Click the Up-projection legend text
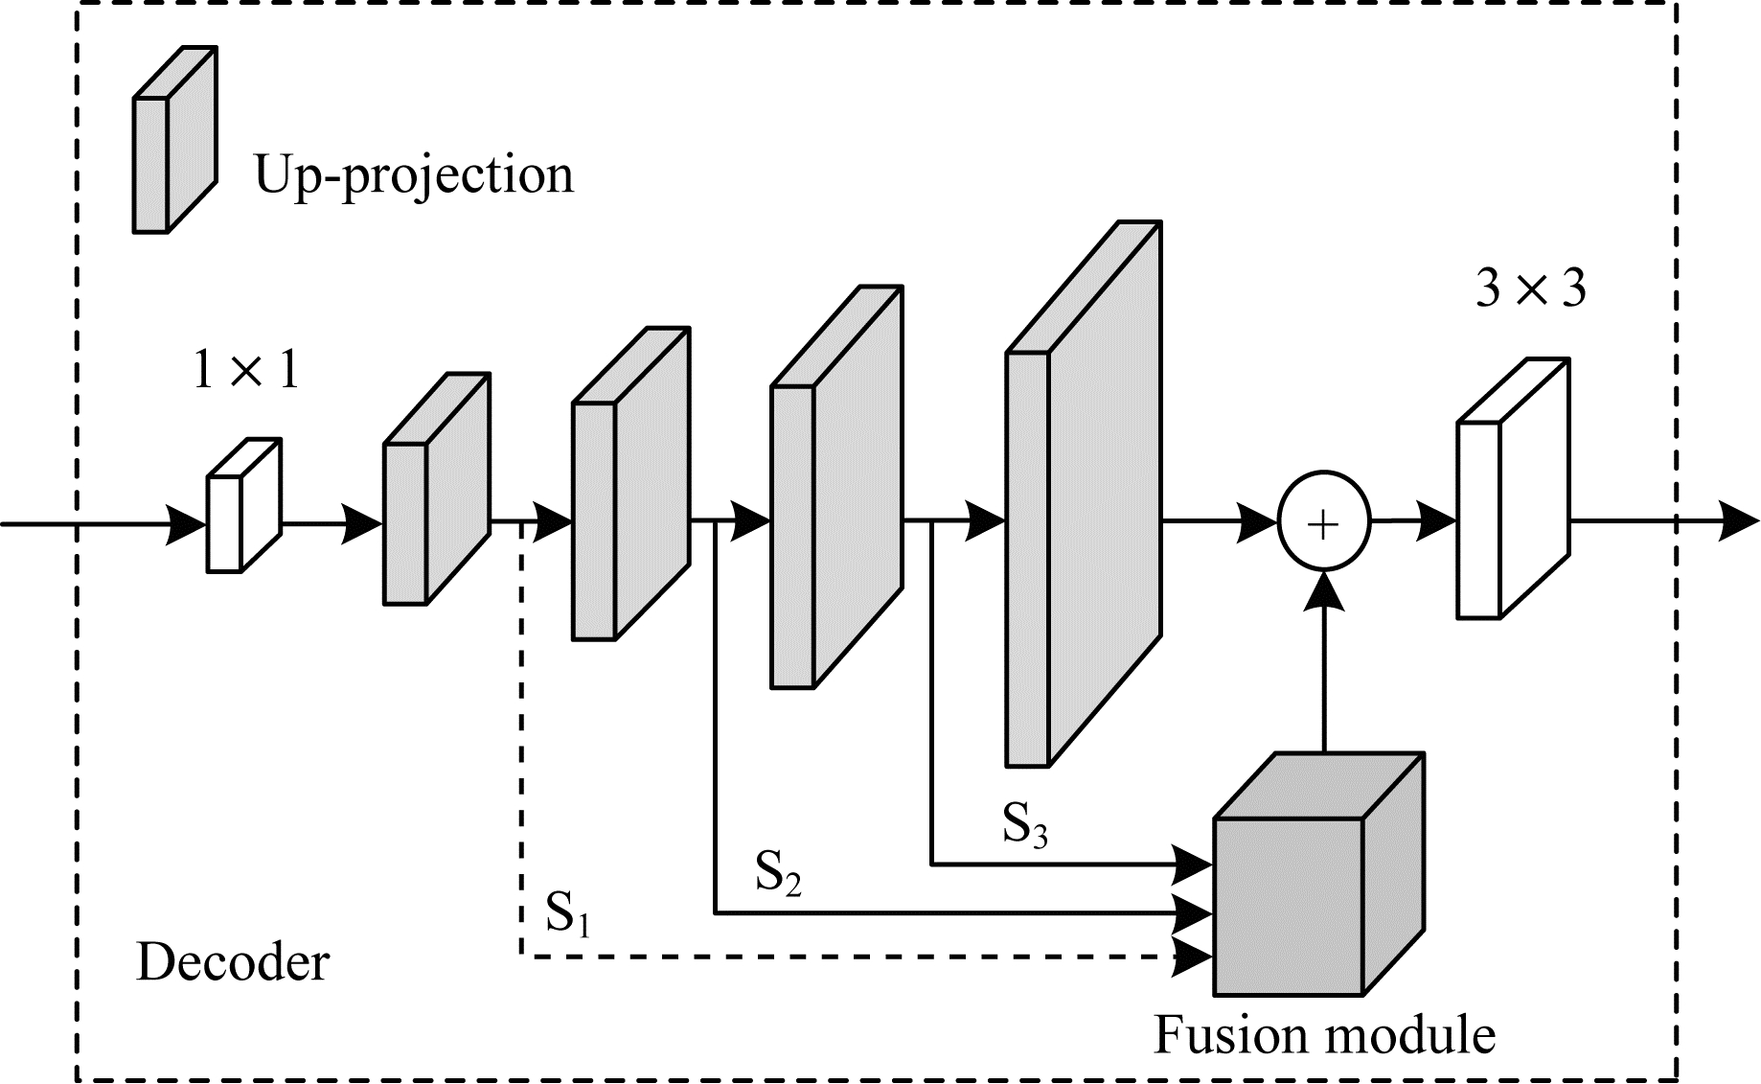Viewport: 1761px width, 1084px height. [x=413, y=175]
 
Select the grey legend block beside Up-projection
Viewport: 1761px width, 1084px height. [x=173, y=140]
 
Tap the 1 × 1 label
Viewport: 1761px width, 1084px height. [x=246, y=369]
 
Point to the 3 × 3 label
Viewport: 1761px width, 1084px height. [x=1530, y=288]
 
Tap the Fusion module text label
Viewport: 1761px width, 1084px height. [x=1324, y=1035]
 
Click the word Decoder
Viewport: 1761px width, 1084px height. [x=233, y=962]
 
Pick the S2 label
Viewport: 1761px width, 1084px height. [x=777, y=871]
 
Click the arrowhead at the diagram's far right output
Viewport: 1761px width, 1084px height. [x=1739, y=522]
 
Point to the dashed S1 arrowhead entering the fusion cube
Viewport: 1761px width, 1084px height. [x=1194, y=956]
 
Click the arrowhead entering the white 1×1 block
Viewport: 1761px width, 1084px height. [x=186, y=524]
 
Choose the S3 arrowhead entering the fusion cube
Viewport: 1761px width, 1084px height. [x=1194, y=865]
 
